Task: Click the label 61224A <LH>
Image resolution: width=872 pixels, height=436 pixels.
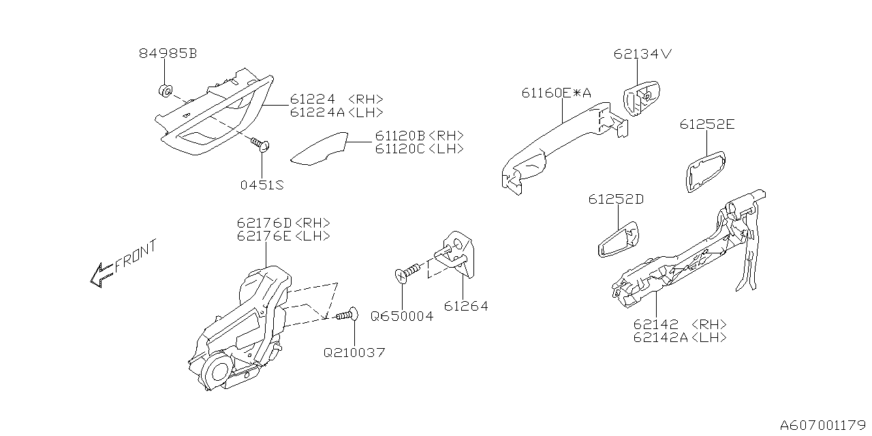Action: point(336,112)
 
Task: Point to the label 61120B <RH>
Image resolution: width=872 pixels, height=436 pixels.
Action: point(418,136)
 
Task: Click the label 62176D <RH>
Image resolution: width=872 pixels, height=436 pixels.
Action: point(283,223)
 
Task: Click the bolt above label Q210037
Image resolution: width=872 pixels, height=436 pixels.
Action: point(348,315)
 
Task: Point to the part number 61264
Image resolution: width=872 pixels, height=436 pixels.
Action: point(466,307)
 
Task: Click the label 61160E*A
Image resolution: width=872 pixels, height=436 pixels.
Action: point(556,93)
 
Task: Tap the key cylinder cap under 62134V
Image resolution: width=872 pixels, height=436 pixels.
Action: point(641,99)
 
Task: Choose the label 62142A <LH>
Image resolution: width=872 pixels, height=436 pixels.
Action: point(679,337)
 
